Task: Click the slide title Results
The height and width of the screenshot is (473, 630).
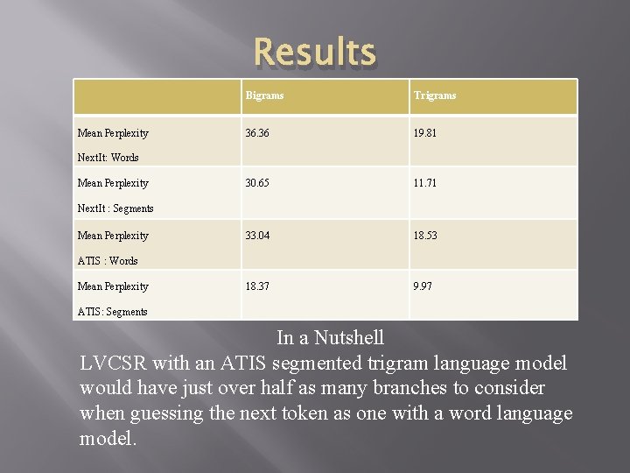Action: (x=314, y=53)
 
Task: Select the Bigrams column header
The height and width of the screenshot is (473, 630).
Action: (x=264, y=95)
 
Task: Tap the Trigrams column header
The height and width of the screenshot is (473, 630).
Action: (x=435, y=95)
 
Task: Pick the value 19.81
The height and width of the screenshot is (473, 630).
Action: (x=425, y=133)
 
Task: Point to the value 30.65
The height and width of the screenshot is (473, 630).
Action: (x=258, y=183)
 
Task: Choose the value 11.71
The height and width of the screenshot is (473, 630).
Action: (x=425, y=183)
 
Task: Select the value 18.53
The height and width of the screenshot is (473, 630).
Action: (x=425, y=236)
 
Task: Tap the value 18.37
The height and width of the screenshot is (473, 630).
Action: (x=258, y=286)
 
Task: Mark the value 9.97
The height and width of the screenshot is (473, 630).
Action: (x=423, y=286)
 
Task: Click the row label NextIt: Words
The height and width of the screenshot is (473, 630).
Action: (x=108, y=158)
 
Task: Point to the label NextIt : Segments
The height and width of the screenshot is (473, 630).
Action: (x=115, y=208)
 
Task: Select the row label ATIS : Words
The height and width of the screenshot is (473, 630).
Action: (x=108, y=260)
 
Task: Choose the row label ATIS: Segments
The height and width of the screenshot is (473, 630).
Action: (x=112, y=311)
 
